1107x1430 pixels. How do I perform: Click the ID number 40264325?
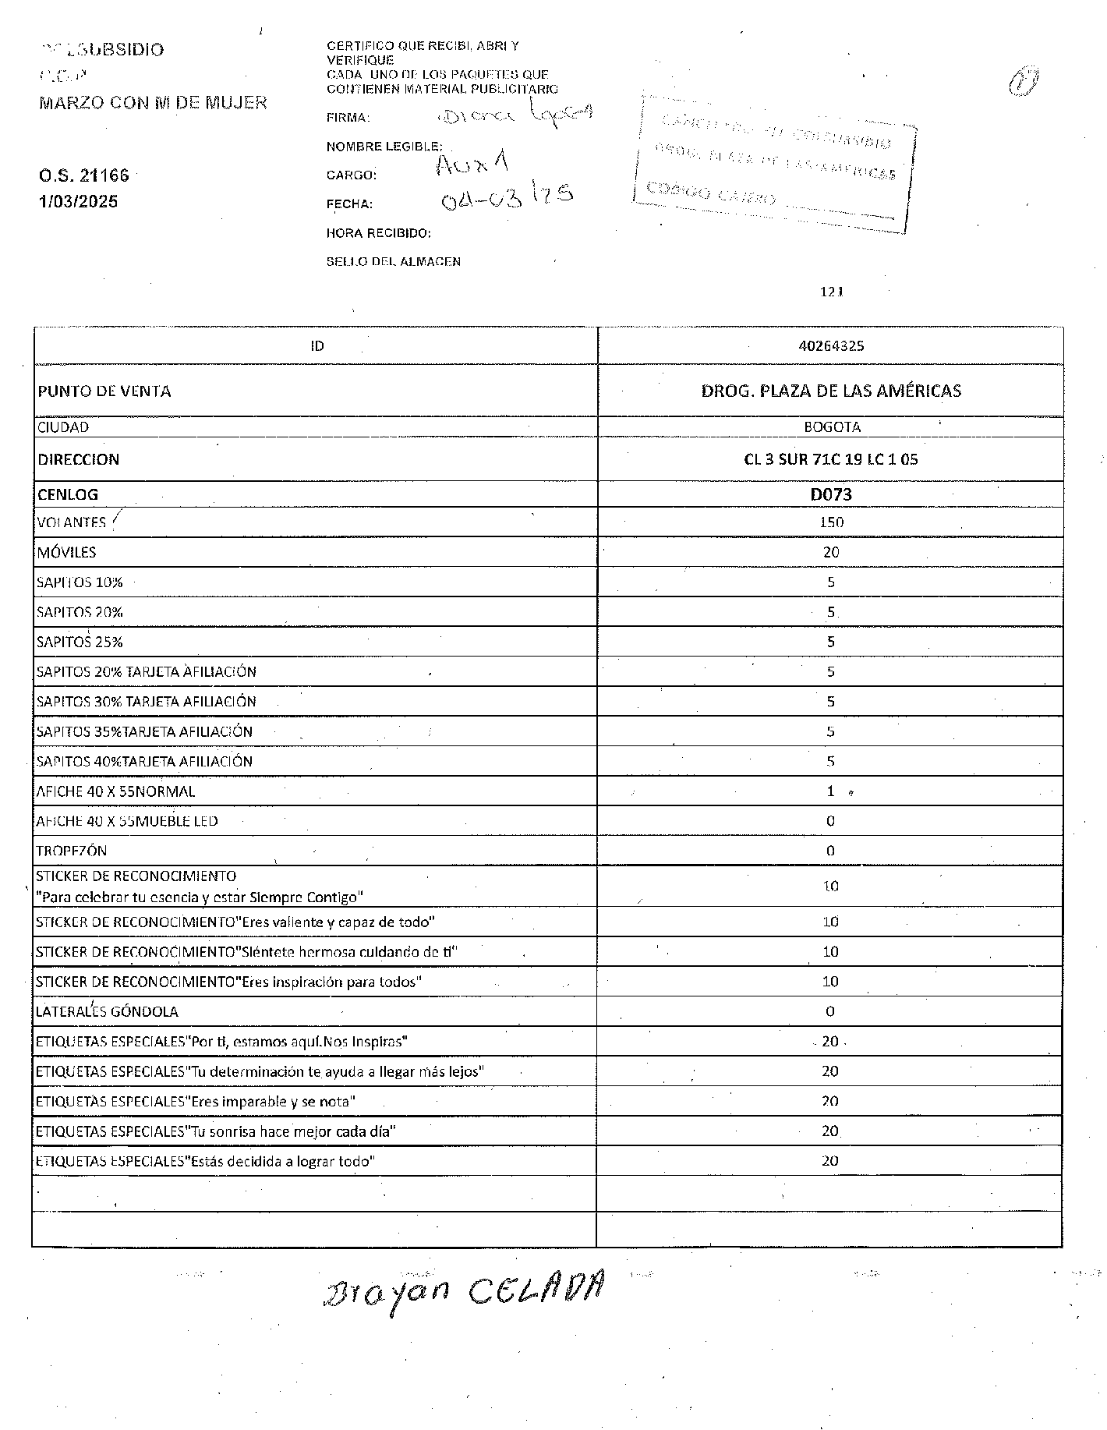click(x=831, y=345)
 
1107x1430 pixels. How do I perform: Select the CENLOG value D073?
click(x=831, y=494)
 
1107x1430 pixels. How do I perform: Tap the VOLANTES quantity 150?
click(x=831, y=522)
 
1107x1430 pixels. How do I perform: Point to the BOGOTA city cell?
click(x=832, y=427)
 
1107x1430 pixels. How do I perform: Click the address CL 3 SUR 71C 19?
click(x=831, y=459)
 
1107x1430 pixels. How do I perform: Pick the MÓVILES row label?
click(x=66, y=553)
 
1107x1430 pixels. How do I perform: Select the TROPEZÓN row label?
click(x=72, y=851)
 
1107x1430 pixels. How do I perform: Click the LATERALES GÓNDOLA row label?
click(x=107, y=1012)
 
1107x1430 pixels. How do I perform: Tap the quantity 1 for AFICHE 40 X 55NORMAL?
click(x=831, y=791)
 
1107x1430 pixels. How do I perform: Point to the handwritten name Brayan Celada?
click(x=463, y=1291)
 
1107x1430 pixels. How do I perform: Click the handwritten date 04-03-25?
click(x=507, y=199)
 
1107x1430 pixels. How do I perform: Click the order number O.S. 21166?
click(x=84, y=175)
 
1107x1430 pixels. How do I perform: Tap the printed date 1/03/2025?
click(x=78, y=201)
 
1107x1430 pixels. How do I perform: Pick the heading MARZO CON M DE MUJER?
click(x=153, y=102)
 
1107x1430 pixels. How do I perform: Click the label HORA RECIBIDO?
click(x=379, y=233)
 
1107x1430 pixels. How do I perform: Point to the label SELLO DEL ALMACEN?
click(x=394, y=262)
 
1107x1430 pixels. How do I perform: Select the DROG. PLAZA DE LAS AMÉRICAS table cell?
click(x=831, y=391)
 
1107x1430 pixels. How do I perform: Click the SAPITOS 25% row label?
click(x=80, y=642)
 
